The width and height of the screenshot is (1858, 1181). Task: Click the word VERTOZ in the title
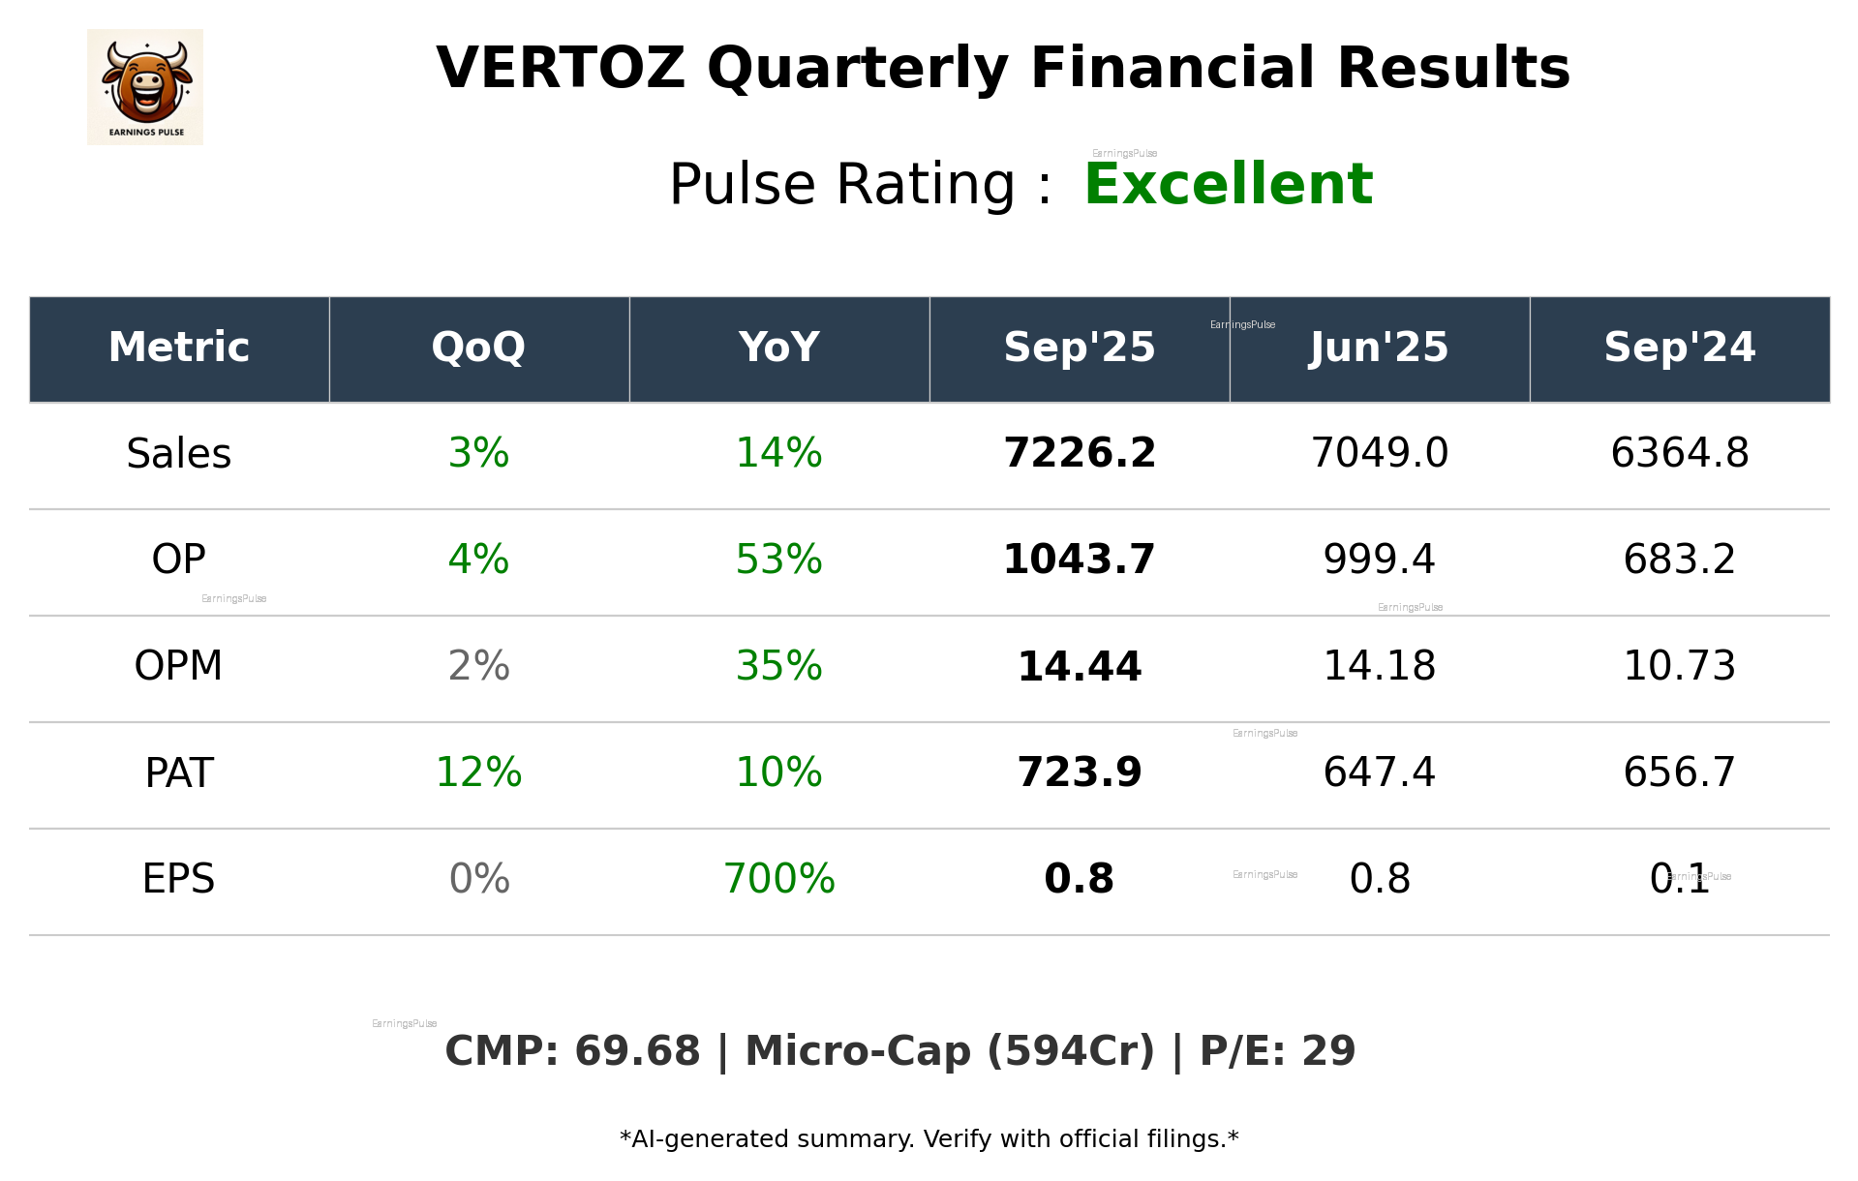tap(560, 70)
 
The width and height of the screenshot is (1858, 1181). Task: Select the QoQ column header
tap(478, 348)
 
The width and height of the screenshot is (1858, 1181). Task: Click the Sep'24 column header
tap(1679, 348)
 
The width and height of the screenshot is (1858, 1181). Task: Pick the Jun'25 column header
tap(1379, 348)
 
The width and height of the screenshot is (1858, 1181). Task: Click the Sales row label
tap(179, 454)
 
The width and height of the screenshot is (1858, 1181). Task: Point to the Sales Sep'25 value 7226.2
tap(1079, 454)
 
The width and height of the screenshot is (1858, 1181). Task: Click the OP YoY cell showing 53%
tap(778, 560)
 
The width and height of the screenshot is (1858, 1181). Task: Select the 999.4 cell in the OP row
tap(1379, 560)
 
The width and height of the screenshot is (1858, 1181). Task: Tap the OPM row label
tap(179, 667)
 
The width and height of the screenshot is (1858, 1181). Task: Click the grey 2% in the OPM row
tap(478, 667)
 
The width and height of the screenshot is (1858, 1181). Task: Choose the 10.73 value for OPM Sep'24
tap(1679, 667)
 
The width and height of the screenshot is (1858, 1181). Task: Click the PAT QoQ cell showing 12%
tap(478, 773)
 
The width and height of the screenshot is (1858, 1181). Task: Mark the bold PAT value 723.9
tap(1079, 773)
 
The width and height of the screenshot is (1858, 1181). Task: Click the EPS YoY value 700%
tap(778, 880)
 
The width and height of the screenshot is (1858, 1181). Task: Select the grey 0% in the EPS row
tap(478, 880)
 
